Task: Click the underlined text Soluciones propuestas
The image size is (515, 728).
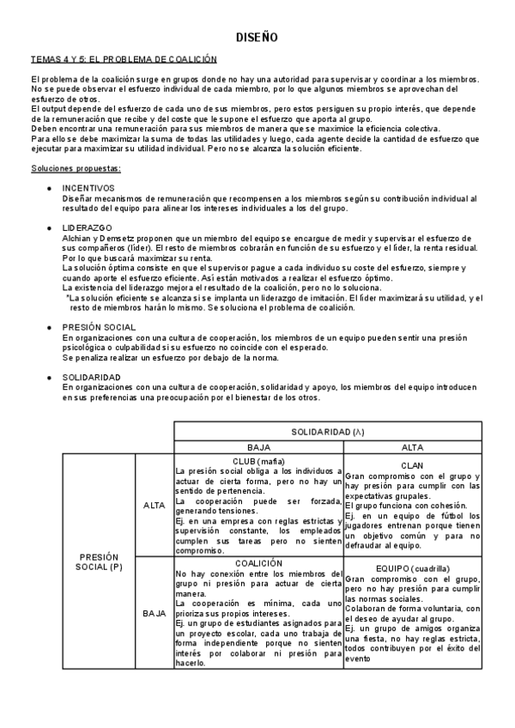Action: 76,167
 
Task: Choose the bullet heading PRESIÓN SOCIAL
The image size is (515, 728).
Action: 100,327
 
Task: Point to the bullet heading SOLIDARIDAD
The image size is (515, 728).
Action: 92,376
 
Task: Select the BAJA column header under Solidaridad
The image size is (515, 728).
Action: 258,447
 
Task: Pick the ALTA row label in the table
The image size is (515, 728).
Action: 154,505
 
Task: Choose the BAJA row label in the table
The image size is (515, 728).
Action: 154,614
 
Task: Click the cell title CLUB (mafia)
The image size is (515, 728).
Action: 258,461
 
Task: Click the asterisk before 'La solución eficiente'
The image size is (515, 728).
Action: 68,297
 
